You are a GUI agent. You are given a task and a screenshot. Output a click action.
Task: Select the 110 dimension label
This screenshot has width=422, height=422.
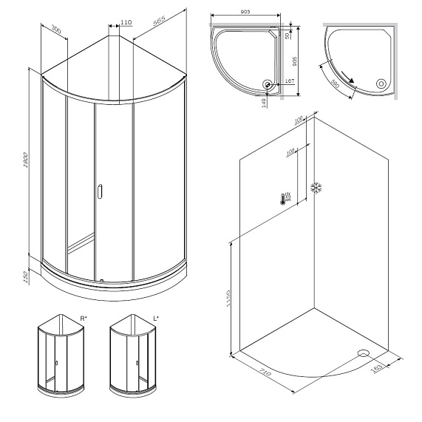pyautogui.click(x=125, y=23)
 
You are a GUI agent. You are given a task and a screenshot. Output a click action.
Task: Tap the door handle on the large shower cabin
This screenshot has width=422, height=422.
pyautogui.click(x=100, y=194)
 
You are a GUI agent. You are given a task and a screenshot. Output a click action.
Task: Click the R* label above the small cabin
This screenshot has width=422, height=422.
pyautogui.click(x=84, y=318)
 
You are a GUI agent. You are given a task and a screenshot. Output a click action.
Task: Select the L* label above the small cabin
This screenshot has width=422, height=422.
pyautogui.click(x=156, y=318)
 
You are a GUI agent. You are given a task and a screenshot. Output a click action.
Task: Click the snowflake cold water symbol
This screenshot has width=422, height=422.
pyautogui.click(x=319, y=188)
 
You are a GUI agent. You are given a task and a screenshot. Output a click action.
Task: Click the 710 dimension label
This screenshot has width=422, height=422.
pyautogui.click(x=265, y=374)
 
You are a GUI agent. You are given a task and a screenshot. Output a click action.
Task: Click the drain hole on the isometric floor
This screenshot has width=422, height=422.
pyautogui.click(x=362, y=353)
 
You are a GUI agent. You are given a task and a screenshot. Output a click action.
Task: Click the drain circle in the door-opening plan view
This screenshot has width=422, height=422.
pyautogui.click(x=381, y=84)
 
